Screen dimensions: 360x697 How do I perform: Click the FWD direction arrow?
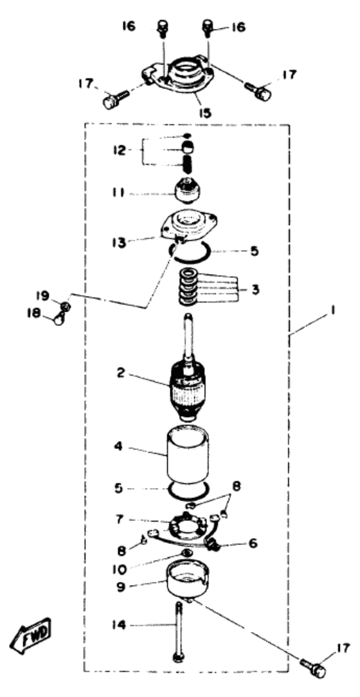coord(32,631)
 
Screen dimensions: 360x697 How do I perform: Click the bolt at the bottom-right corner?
coord(313,666)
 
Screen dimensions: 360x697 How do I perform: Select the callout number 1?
coord(332,312)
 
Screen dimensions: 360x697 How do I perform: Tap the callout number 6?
coord(253,543)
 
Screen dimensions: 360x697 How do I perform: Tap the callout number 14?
coord(120,626)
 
